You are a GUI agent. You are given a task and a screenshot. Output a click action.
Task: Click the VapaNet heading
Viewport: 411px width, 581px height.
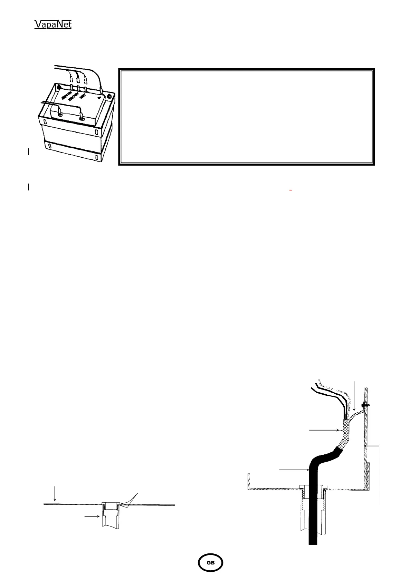[x=53, y=24]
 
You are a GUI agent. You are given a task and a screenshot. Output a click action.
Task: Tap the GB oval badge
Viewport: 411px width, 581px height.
[x=210, y=562]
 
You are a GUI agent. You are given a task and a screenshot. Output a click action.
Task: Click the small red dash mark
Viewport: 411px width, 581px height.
[x=291, y=190]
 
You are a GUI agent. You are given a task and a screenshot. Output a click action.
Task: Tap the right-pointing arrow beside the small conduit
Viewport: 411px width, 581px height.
[x=92, y=516]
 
